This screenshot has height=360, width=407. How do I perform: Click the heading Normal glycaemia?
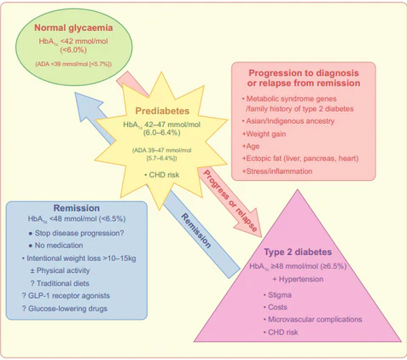(x=73, y=27)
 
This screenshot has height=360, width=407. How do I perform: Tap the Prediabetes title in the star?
(x=162, y=111)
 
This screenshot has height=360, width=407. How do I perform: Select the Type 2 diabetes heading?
(x=298, y=252)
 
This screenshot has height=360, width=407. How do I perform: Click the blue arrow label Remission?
(x=196, y=231)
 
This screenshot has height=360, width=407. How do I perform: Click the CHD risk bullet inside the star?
(x=162, y=175)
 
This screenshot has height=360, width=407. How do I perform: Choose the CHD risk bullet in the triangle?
(x=281, y=332)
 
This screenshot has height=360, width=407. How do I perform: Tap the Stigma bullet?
(x=277, y=295)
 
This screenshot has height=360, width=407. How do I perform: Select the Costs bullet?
(x=276, y=307)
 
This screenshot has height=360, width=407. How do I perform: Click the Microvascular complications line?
(x=313, y=319)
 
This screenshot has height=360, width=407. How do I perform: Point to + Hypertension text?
(x=298, y=279)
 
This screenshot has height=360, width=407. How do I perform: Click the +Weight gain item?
(x=264, y=134)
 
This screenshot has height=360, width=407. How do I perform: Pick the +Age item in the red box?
(x=251, y=146)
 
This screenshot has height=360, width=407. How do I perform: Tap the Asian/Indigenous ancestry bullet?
(x=288, y=121)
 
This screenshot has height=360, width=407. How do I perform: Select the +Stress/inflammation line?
(x=277, y=171)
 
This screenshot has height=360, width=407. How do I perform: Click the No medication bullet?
(x=55, y=246)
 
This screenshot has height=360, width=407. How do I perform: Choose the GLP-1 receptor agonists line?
(x=66, y=296)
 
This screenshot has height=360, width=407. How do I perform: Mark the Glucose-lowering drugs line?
(x=65, y=309)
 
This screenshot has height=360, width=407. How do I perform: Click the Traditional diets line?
(x=60, y=283)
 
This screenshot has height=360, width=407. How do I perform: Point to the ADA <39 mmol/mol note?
(x=73, y=64)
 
